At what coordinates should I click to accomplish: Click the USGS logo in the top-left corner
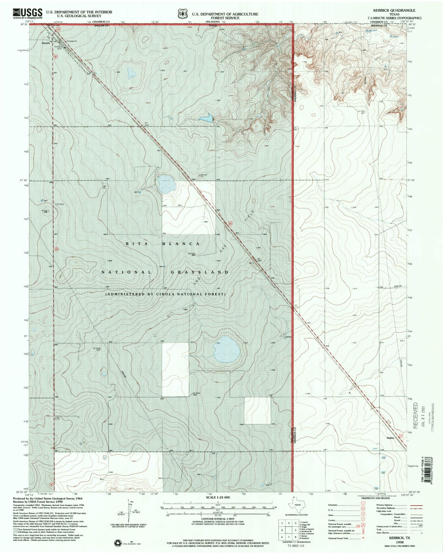(27, 13)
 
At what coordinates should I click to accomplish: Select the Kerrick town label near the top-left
(46, 43)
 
